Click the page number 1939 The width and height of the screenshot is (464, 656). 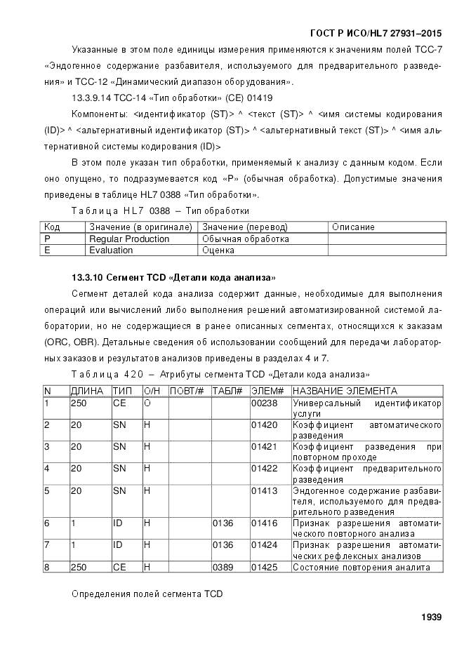(430, 617)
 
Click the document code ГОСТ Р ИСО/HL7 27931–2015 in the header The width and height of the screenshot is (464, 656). (376, 34)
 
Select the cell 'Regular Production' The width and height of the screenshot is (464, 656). (129, 239)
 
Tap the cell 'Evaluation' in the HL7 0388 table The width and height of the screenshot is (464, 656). (111, 250)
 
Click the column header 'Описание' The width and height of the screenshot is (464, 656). (353, 227)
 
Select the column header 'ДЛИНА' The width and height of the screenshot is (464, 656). (87, 391)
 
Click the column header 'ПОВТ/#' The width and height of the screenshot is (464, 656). (187, 391)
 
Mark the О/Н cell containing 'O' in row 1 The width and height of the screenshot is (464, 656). (147, 403)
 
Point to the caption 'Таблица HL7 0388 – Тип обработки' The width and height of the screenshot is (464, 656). (160, 210)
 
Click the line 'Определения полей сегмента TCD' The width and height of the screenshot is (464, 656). (147, 594)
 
